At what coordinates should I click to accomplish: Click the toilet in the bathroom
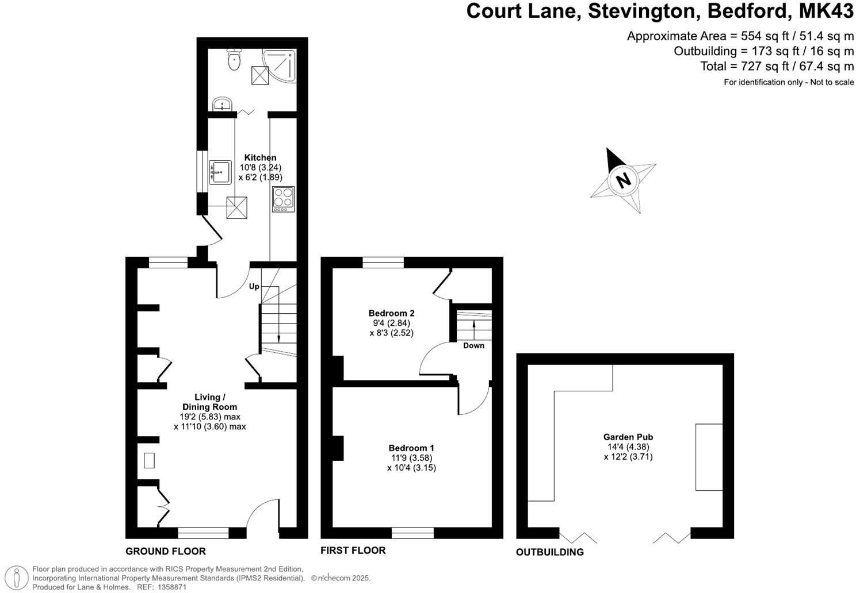point(234,60)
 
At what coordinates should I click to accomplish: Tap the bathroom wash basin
point(222,105)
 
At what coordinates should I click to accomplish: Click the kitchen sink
point(220,172)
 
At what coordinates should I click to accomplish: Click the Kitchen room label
point(260,157)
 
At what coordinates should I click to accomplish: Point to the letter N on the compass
point(622,180)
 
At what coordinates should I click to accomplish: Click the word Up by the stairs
point(254,286)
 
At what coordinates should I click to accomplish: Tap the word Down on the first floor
point(473,345)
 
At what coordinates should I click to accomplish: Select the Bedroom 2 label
point(391,313)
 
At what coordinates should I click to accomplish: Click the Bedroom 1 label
point(411,448)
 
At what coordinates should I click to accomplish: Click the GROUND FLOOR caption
point(166,551)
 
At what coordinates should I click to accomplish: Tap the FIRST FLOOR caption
point(353,550)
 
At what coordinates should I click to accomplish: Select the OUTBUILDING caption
point(549,552)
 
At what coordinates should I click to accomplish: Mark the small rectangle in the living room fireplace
point(149,461)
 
